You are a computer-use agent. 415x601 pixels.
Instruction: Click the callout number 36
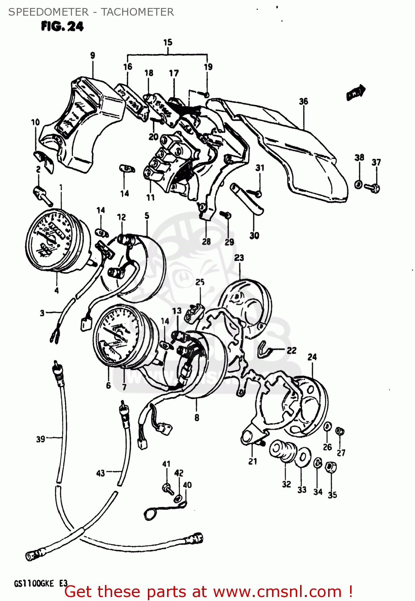point(304,101)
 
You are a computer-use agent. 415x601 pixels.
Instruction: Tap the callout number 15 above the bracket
point(168,42)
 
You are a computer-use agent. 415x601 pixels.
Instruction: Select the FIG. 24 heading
point(62,26)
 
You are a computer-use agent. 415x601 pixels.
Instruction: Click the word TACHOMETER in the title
point(137,12)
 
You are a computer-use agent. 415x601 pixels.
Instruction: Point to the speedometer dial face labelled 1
point(50,240)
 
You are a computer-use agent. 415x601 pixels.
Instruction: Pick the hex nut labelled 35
point(331,468)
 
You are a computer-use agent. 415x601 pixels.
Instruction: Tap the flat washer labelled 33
point(303,457)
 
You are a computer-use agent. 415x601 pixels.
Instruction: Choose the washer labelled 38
point(359,184)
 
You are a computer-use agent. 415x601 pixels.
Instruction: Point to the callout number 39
point(40,439)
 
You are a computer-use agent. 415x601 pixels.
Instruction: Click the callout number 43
point(101,473)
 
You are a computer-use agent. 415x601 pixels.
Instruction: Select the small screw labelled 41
point(167,488)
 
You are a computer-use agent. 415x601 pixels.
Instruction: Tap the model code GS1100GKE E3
point(41,583)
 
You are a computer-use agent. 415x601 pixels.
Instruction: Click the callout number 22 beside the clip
point(292,351)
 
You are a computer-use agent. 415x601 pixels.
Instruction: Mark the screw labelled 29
point(227,216)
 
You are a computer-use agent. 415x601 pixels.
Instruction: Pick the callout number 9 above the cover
point(93,55)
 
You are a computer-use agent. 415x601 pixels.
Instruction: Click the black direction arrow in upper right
point(356,93)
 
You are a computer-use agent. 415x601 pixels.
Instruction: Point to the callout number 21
point(253,461)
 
